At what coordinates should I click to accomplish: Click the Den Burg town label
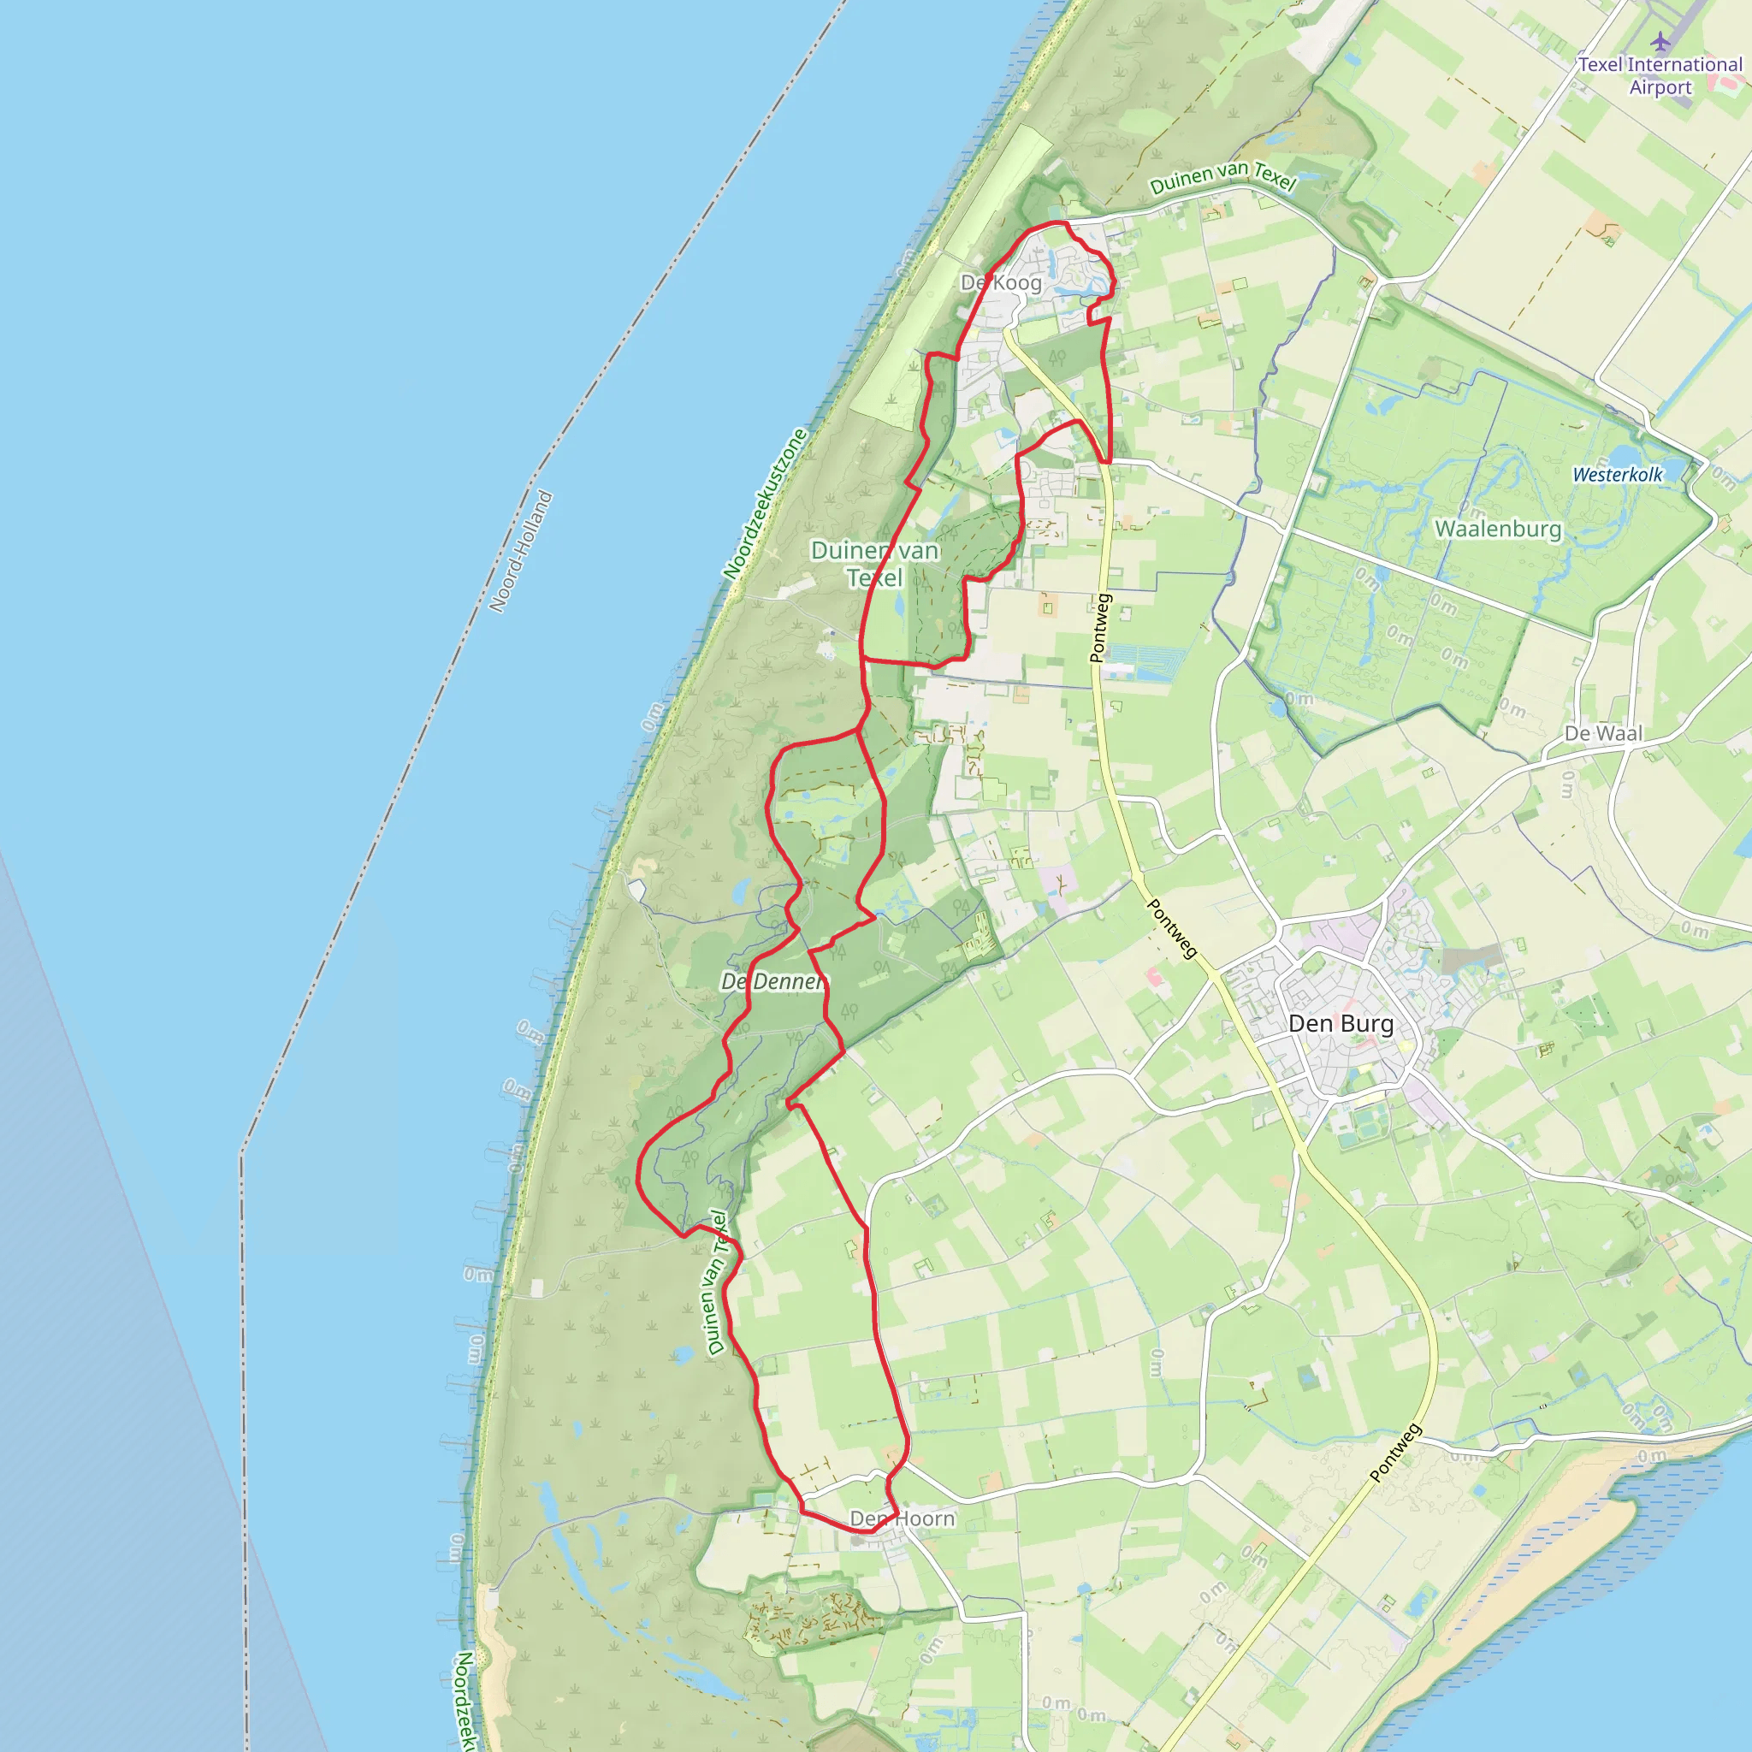[x=1341, y=1024]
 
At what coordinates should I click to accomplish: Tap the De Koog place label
[x=1001, y=283]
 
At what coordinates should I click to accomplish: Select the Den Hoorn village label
[x=903, y=1518]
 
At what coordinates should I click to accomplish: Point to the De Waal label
[x=1603, y=733]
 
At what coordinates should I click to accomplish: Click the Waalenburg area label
[x=1498, y=529]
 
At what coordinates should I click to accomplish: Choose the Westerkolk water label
[x=1618, y=474]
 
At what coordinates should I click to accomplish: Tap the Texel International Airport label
[x=1660, y=76]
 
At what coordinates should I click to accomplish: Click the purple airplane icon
[x=1660, y=42]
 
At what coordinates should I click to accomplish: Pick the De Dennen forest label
[x=772, y=981]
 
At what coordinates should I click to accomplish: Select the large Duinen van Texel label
[x=874, y=563]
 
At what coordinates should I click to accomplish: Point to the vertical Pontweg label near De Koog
[x=1100, y=628]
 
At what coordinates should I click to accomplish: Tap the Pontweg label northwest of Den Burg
[x=1173, y=927]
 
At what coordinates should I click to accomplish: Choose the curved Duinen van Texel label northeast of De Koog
[x=1222, y=176]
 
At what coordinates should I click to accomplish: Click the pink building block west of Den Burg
[x=1152, y=977]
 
